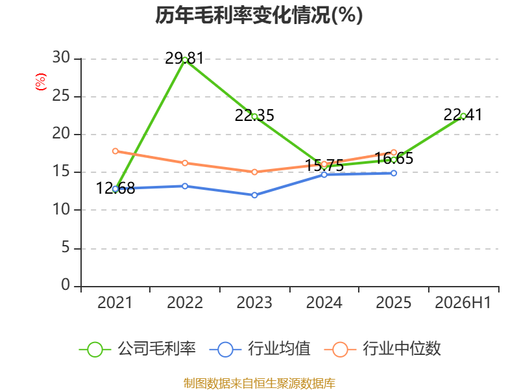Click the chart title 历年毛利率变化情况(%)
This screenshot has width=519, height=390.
point(259,15)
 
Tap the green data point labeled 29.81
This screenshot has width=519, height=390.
point(185,60)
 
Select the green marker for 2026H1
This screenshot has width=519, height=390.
point(463,116)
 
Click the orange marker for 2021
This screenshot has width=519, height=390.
point(115,151)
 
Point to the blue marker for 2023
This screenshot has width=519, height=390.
point(254,195)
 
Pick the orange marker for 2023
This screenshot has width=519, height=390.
point(254,172)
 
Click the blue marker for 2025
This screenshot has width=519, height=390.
point(394,173)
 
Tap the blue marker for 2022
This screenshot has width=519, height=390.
point(185,186)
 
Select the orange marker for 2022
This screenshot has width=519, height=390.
point(185,163)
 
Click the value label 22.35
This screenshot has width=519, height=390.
point(254,116)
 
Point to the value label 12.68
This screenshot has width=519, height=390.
point(115,188)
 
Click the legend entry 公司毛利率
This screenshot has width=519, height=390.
point(138,349)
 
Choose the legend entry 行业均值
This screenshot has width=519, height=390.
point(260,349)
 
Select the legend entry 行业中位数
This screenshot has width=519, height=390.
point(383,349)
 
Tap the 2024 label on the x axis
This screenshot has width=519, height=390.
point(324,302)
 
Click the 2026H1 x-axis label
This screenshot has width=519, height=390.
point(463,302)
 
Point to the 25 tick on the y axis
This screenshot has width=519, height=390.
point(61,96)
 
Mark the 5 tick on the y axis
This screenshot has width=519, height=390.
point(66,248)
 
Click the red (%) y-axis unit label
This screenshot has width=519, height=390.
point(41,82)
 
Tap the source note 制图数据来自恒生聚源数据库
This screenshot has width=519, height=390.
point(259,383)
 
